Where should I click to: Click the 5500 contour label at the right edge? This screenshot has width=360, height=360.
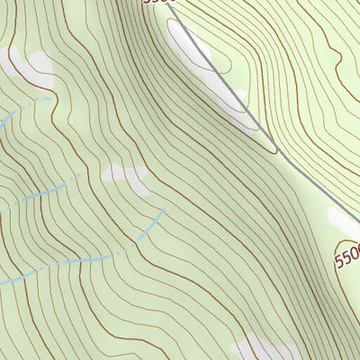pos(347,255)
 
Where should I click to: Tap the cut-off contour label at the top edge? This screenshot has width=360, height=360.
pos(156,3)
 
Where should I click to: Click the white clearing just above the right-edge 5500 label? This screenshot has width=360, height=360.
pos(345,220)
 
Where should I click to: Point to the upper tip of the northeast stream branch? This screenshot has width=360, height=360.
pos(163,211)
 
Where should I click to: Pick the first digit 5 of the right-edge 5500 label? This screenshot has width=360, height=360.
pos(339,263)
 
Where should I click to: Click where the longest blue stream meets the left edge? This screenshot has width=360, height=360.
pos(1,283)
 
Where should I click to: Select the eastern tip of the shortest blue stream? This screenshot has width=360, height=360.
pos(50,96)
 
